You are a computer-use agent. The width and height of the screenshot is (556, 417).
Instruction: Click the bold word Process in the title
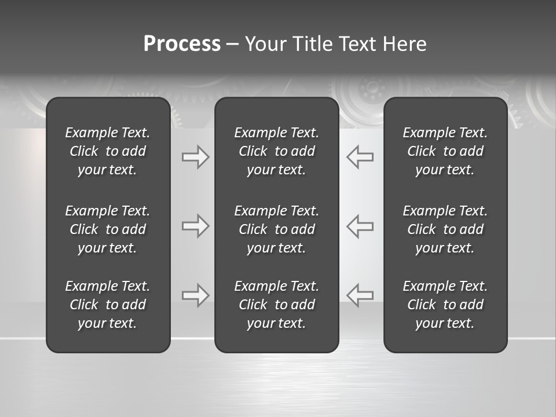[x=182, y=44]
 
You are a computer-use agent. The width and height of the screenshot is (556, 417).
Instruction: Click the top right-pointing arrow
[x=195, y=157]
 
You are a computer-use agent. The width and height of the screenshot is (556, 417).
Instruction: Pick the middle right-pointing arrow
[x=195, y=226]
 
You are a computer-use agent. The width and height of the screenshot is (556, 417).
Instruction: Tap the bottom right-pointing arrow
[x=195, y=295]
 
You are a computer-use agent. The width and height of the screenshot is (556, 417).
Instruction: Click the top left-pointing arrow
[x=360, y=157]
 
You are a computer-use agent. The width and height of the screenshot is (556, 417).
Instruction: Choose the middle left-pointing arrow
[x=360, y=226]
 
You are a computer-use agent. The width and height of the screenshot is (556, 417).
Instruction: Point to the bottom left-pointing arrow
[x=360, y=295]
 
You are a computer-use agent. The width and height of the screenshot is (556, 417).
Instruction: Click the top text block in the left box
[x=108, y=151]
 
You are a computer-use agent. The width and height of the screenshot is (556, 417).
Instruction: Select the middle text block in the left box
[x=108, y=229]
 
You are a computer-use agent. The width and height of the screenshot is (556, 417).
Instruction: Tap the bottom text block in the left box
[x=108, y=305]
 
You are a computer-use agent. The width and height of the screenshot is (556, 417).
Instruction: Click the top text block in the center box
[x=276, y=151]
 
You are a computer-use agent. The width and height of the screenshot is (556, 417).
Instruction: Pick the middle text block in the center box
[x=276, y=229]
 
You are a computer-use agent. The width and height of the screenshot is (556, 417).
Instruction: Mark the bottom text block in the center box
[x=276, y=305]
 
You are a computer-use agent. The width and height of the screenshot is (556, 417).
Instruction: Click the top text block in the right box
[x=445, y=151]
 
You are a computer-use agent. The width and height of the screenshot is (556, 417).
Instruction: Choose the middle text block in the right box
[x=445, y=229]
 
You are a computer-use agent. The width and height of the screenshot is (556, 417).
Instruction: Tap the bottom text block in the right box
[x=445, y=305]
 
